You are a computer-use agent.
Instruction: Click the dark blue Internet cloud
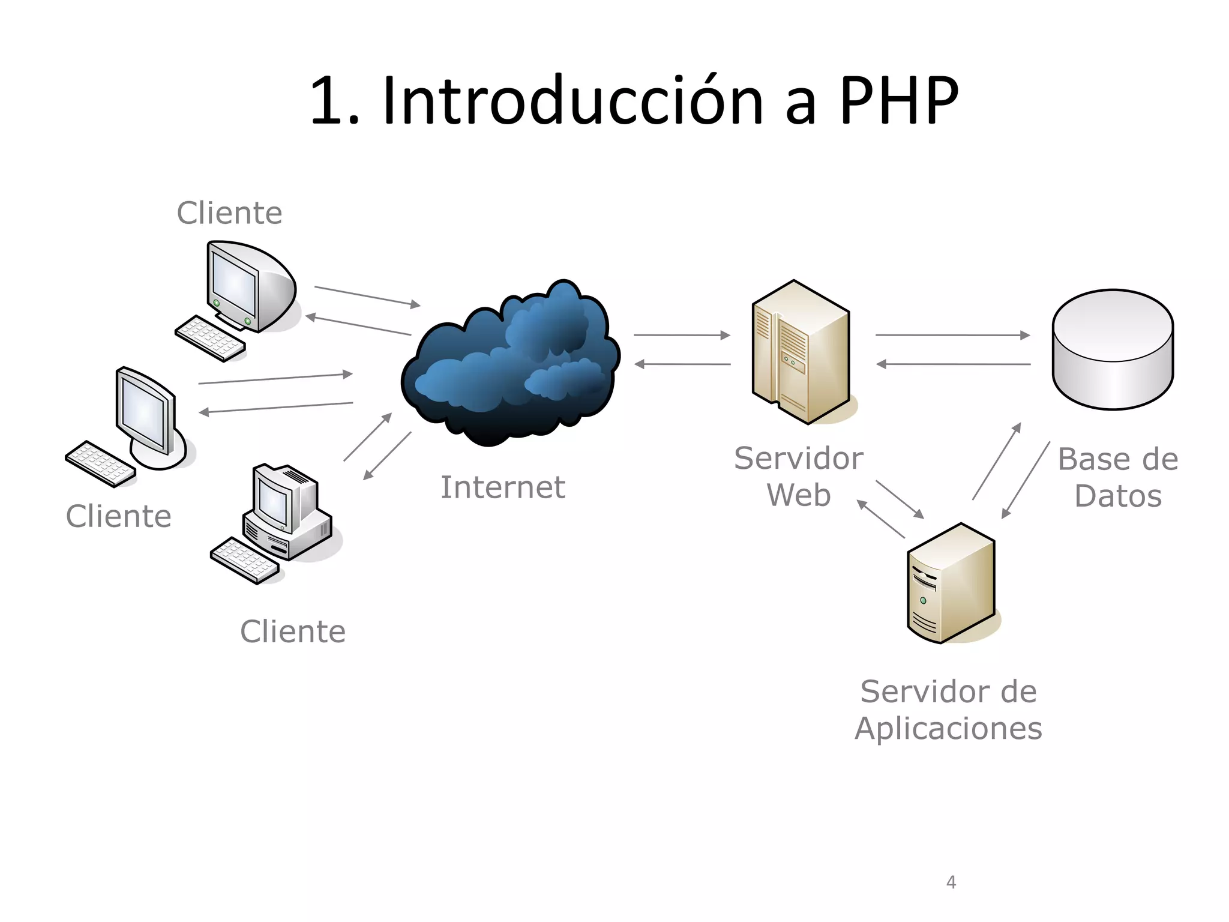point(510,366)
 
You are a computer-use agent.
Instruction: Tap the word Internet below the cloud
point(502,487)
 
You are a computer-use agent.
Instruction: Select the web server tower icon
point(801,352)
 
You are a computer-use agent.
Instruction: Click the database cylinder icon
point(1113,349)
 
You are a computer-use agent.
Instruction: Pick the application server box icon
point(951,583)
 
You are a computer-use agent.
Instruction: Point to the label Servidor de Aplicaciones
point(948,710)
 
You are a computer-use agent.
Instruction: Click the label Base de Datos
point(1117,477)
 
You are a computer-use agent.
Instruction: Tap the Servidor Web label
point(798,477)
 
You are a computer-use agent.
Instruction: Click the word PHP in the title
point(898,100)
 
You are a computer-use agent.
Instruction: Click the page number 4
point(951,882)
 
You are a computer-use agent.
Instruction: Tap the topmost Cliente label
point(229,213)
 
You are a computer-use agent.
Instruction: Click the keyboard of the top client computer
point(210,339)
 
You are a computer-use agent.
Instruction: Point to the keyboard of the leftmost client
point(100,463)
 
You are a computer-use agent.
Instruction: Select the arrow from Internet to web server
point(682,335)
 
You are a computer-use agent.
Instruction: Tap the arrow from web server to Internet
point(682,364)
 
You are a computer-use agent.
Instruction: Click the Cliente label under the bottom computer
point(293,631)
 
